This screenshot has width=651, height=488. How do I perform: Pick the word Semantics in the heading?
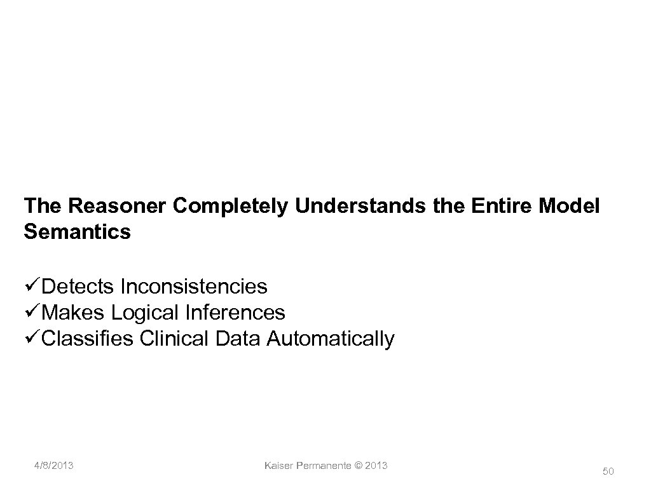click(77, 231)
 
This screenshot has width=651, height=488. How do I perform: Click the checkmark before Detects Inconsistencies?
click(31, 287)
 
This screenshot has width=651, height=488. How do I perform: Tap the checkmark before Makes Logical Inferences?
click(31, 313)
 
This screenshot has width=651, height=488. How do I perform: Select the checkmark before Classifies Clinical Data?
click(31, 339)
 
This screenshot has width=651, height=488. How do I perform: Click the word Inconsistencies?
click(194, 287)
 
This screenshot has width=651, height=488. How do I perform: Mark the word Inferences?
click(236, 313)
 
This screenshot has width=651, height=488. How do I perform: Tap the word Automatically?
click(331, 339)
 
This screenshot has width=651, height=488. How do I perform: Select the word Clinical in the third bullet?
click(174, 339)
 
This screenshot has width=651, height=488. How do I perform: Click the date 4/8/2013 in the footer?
click(54, 466)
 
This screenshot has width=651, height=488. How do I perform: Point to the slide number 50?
click(608, 471)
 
